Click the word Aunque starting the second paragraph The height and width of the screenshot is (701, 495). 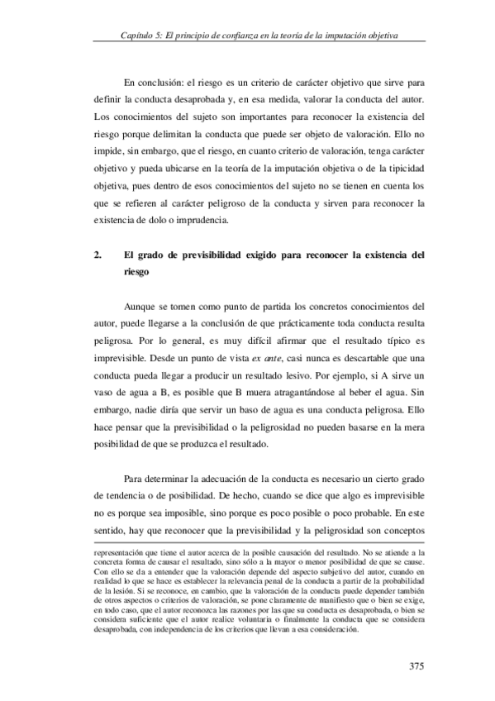pos(142,303)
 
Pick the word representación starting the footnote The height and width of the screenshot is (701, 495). pos(119,551)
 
